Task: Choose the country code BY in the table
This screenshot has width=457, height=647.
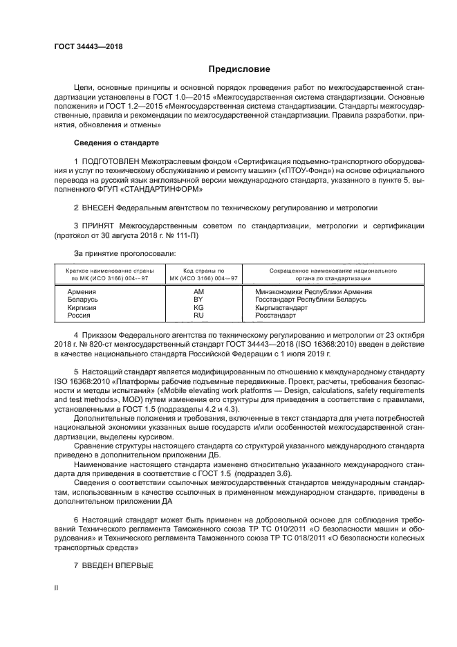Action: (199, 299)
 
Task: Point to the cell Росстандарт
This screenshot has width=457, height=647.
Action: (276, 315)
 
